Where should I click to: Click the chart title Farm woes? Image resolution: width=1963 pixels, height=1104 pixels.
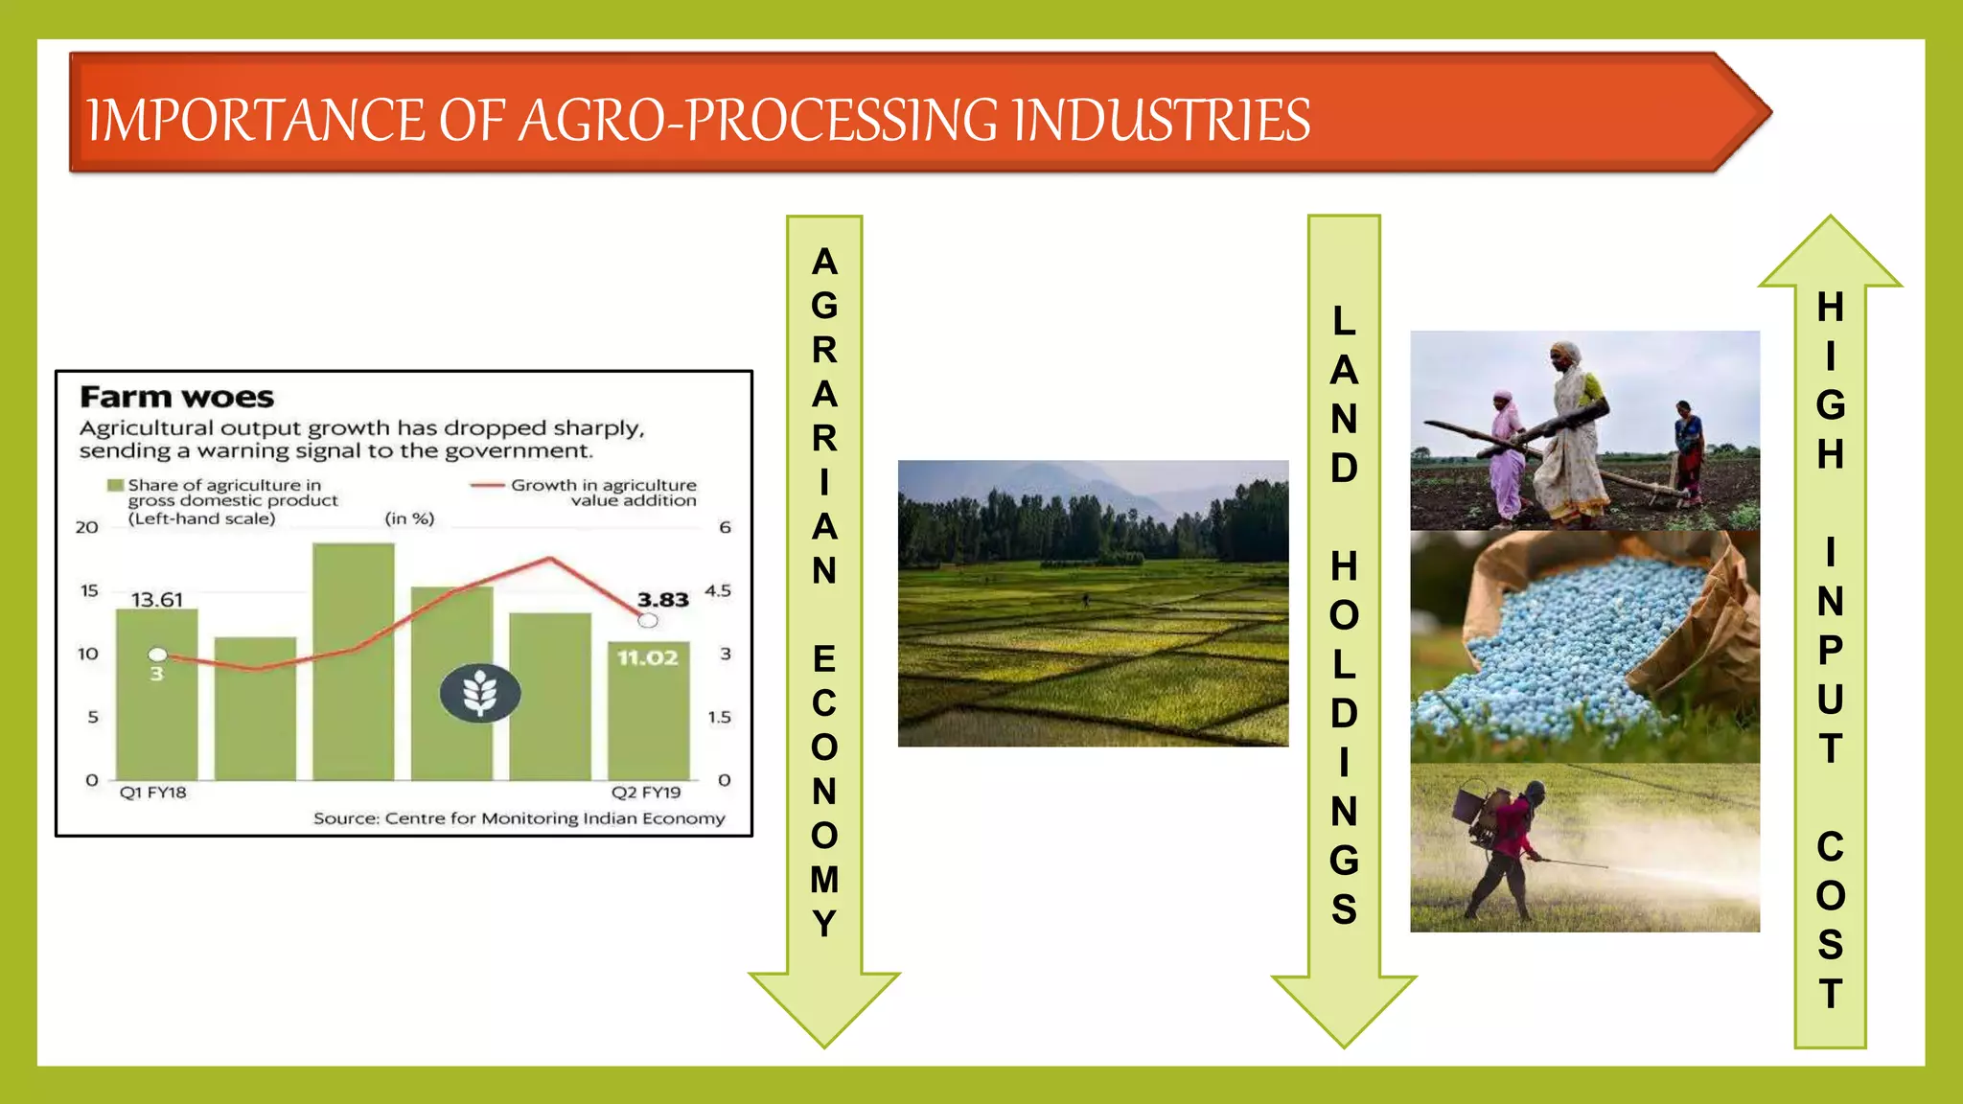(x=176, y=397)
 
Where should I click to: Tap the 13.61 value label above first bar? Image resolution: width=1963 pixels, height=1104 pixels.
(x=156, y=600)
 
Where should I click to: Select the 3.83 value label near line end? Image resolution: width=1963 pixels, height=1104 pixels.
(x=662, y=600)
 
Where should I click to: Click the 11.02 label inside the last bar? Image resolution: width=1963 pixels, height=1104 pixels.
(x=647, y=658)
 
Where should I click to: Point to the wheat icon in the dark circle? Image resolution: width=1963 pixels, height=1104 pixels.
(x=480, y=693)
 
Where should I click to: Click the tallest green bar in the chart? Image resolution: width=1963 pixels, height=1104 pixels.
(x=353, y=661)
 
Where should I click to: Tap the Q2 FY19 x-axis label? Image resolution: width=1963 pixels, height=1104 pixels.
(x=646, y=793)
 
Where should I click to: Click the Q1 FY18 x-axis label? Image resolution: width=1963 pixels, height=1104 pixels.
(x=152, y=793)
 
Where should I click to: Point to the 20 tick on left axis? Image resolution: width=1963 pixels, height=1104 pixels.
(x=87, y=527)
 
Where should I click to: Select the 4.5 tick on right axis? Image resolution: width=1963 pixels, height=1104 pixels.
(x=718, y=590)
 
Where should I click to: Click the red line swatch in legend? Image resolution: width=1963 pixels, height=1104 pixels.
(x=487, y=486)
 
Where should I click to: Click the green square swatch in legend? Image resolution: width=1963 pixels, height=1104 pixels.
(x=115, y=486)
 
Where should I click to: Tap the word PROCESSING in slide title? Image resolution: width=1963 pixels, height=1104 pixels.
(x=843, y=121)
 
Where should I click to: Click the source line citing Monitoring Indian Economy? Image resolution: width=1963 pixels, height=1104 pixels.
(x=519, y=818)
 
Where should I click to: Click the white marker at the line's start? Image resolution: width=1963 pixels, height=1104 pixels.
(x=158, y=655)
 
